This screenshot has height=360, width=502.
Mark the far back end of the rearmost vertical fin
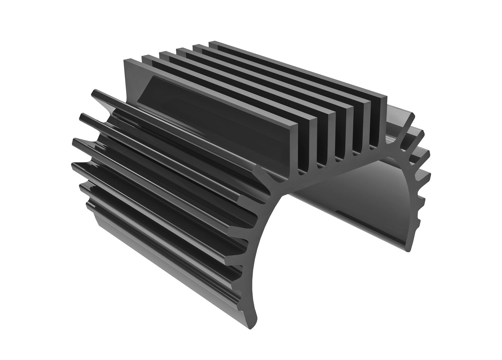coord(211,43)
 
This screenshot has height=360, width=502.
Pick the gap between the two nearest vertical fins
coord(305,141)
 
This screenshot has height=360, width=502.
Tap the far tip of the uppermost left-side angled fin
coord(95,91)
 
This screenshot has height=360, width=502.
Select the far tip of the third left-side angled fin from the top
coord(75,141)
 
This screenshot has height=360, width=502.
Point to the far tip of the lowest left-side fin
coord(88,204)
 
